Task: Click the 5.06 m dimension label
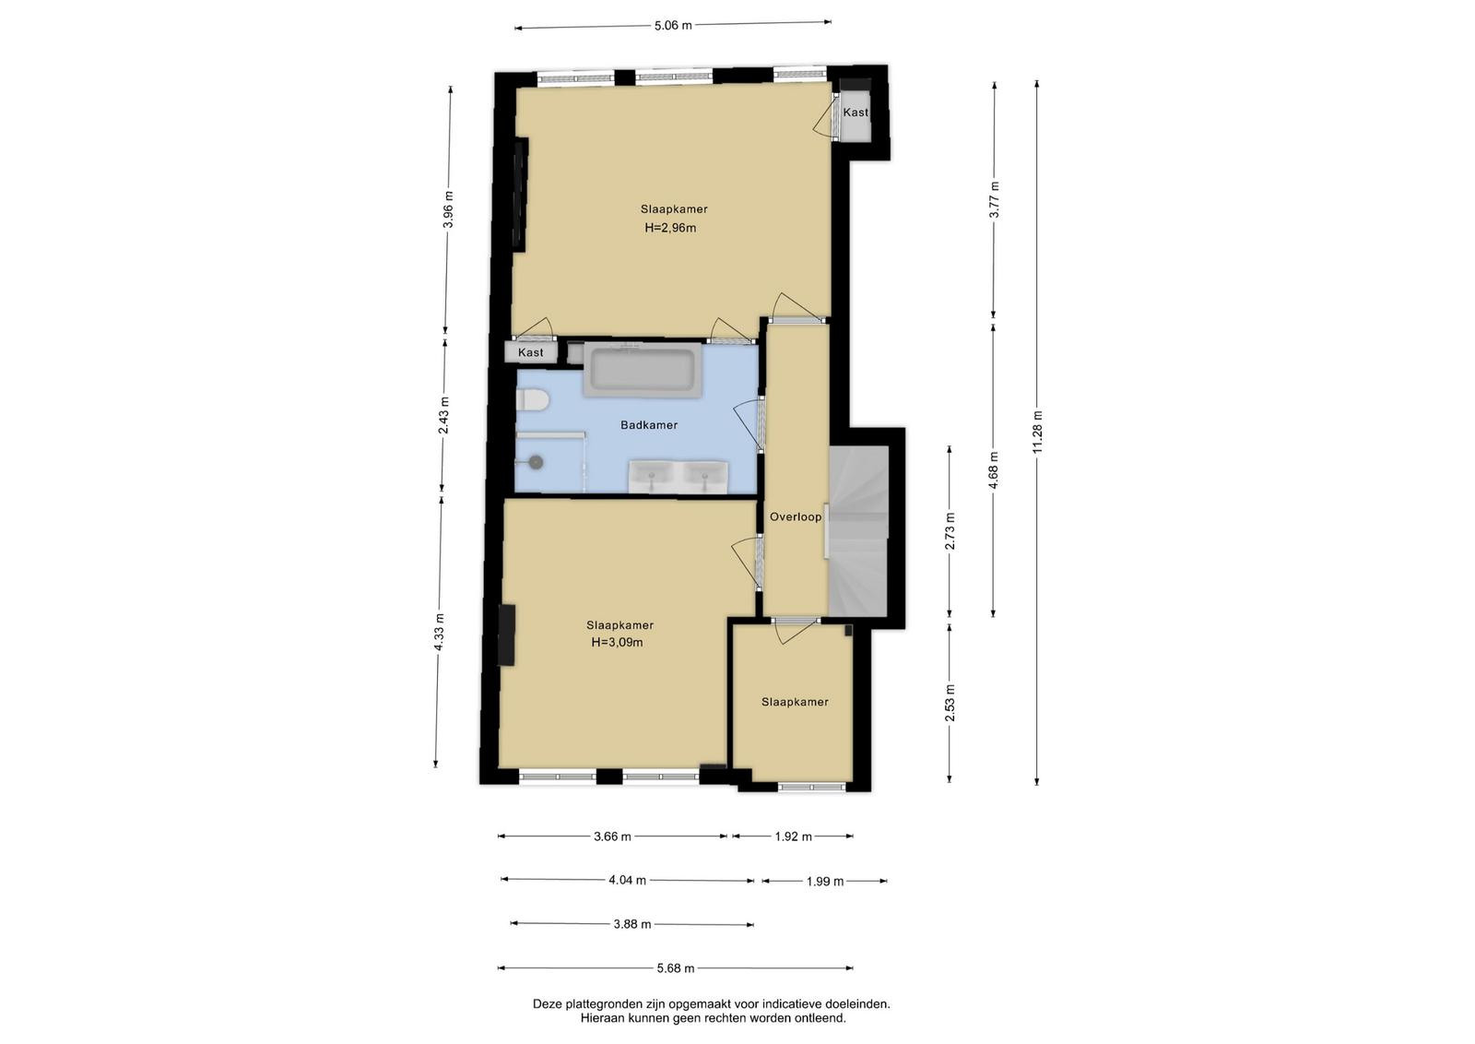click(673, 26)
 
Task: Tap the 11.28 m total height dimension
click(1038, 432)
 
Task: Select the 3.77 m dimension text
click(995, 199)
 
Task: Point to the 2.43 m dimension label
click(443, 416)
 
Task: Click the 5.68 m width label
click(676, 968)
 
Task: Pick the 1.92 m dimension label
click(793, 836)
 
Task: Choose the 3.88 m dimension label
click(632, 924)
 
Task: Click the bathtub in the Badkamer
click(643, 370)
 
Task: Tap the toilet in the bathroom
click(532, 400)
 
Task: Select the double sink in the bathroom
click(678, 476)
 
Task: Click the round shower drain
click(537, 462)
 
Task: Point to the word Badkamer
click(649, 425)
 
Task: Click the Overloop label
click(796, 517)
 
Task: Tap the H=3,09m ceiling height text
click(617, 642)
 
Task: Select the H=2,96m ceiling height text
click(670, 228)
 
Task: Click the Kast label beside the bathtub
click(531, 352)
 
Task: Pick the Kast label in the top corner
click(856, 113)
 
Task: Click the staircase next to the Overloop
click(858, 531)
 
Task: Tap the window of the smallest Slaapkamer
click(811, 787)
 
